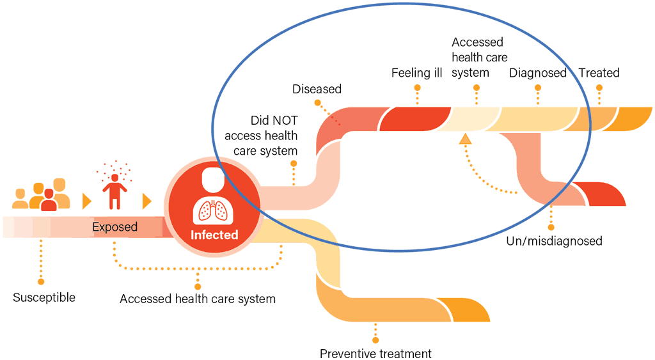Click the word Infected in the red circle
pyautogui.click(x=214, y=235)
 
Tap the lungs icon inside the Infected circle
pyautogui.click(x=214, y=210)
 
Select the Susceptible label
pyautogui.click(x=44, y=297)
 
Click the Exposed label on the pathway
pyautogui.click(x=115, y=227)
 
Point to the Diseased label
pyautogui.click(x=317, y=89)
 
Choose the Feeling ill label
pyautogui.click(x=417, y=73)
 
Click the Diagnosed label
pyautogui.click(x=538, y=73)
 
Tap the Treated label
pyautogui.click(x=599, y=73)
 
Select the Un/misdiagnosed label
pyautogui.click(x=555, y=241)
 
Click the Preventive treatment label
pyautogui.click(x=375, y=354)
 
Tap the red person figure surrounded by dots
pyautogui.click(x=114, y=191)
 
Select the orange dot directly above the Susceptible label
pyautogui.click(x=41, y=281)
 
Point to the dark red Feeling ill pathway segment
pyautogui.click(x=416, y=119)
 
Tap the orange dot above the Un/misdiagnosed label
pyautogui.click(x=551, y=226)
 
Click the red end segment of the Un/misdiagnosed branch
pyautogui.click(x=604, y=194)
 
